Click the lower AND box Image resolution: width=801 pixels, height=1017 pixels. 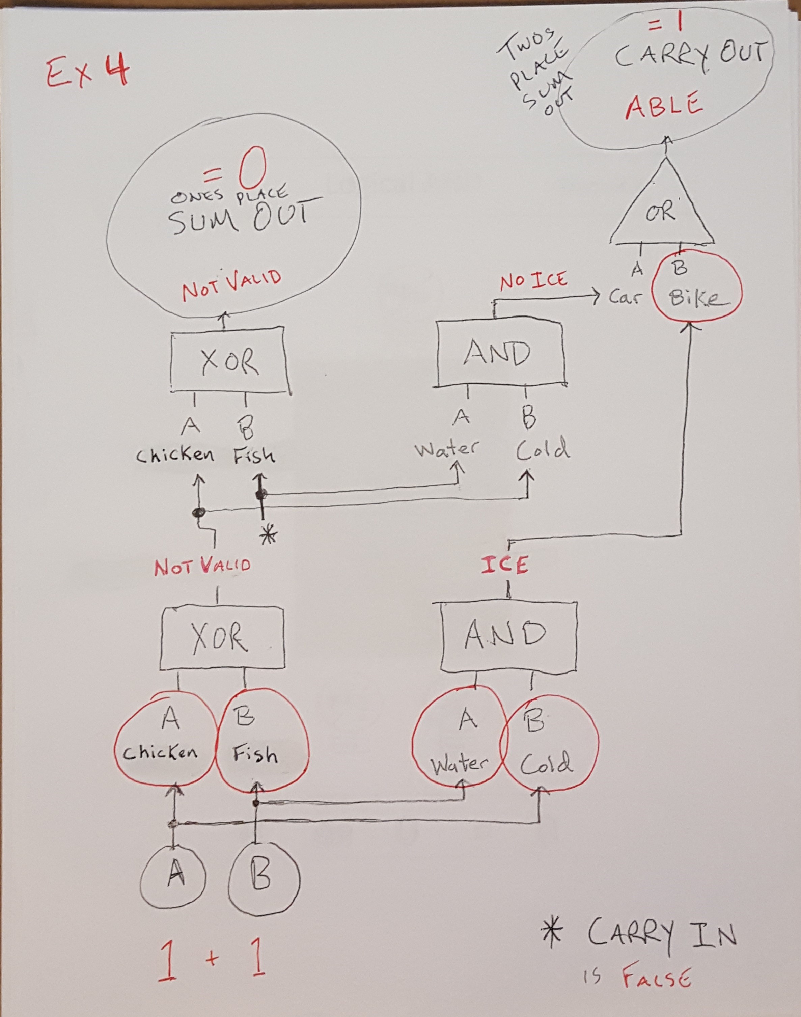click(x=507, y=635)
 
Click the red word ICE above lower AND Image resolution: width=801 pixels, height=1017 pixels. click(x=504, y=565)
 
